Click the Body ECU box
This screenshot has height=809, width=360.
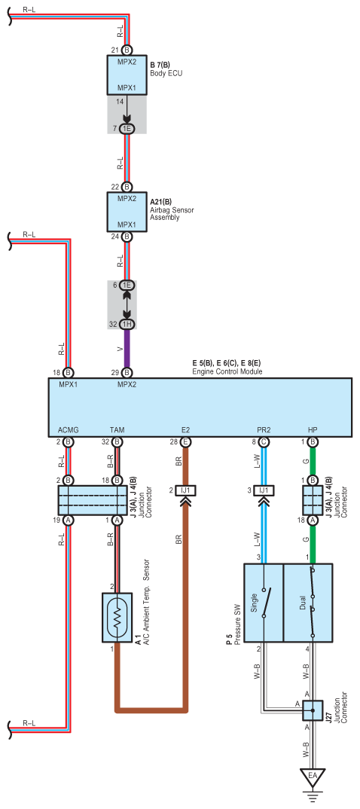pyautogui.click(x=127, y=75)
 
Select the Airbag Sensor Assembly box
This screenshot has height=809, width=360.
pyautogui.click(x=127, y=212)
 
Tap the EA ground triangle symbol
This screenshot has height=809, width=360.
pyautogui.click(x=313, y=775)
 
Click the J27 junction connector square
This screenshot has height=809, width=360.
pyautogui.click(x=313, y=710)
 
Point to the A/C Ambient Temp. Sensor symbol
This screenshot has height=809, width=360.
pyautogui.click(x=117, y=618)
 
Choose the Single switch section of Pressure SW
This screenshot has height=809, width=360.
pyautogui.click(x=264, y=603)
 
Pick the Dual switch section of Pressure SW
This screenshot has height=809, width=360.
pyautogui.click(x=308, y=603)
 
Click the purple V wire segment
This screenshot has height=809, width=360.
pyautogui.click(x=127, y=348)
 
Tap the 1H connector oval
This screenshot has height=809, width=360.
pyautogui.click(x=127, y=325)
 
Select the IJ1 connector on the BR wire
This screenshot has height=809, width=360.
pyautogui.click(x=186, y=490)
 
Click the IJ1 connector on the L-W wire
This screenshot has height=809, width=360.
pyautogui.click(x=264, y=490)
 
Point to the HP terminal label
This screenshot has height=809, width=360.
pyautogui.click(x=313, y=429)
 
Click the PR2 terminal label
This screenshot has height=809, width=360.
pyautogui.click(x=264, y=429)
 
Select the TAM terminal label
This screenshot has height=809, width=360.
pyautogui.click(x=117, y=429)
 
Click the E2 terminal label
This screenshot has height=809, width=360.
pyautogui.click(x=186, y=429)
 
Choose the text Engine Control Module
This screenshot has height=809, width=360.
pyautogui.click(x=227, y=371)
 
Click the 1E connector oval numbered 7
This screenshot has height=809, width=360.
pyautogui.click(x=127, y=129)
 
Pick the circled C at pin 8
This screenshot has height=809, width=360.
pyautogui.click(x=264, y=441)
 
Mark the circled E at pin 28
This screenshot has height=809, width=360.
pyautogui.click(x=186, y=441)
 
